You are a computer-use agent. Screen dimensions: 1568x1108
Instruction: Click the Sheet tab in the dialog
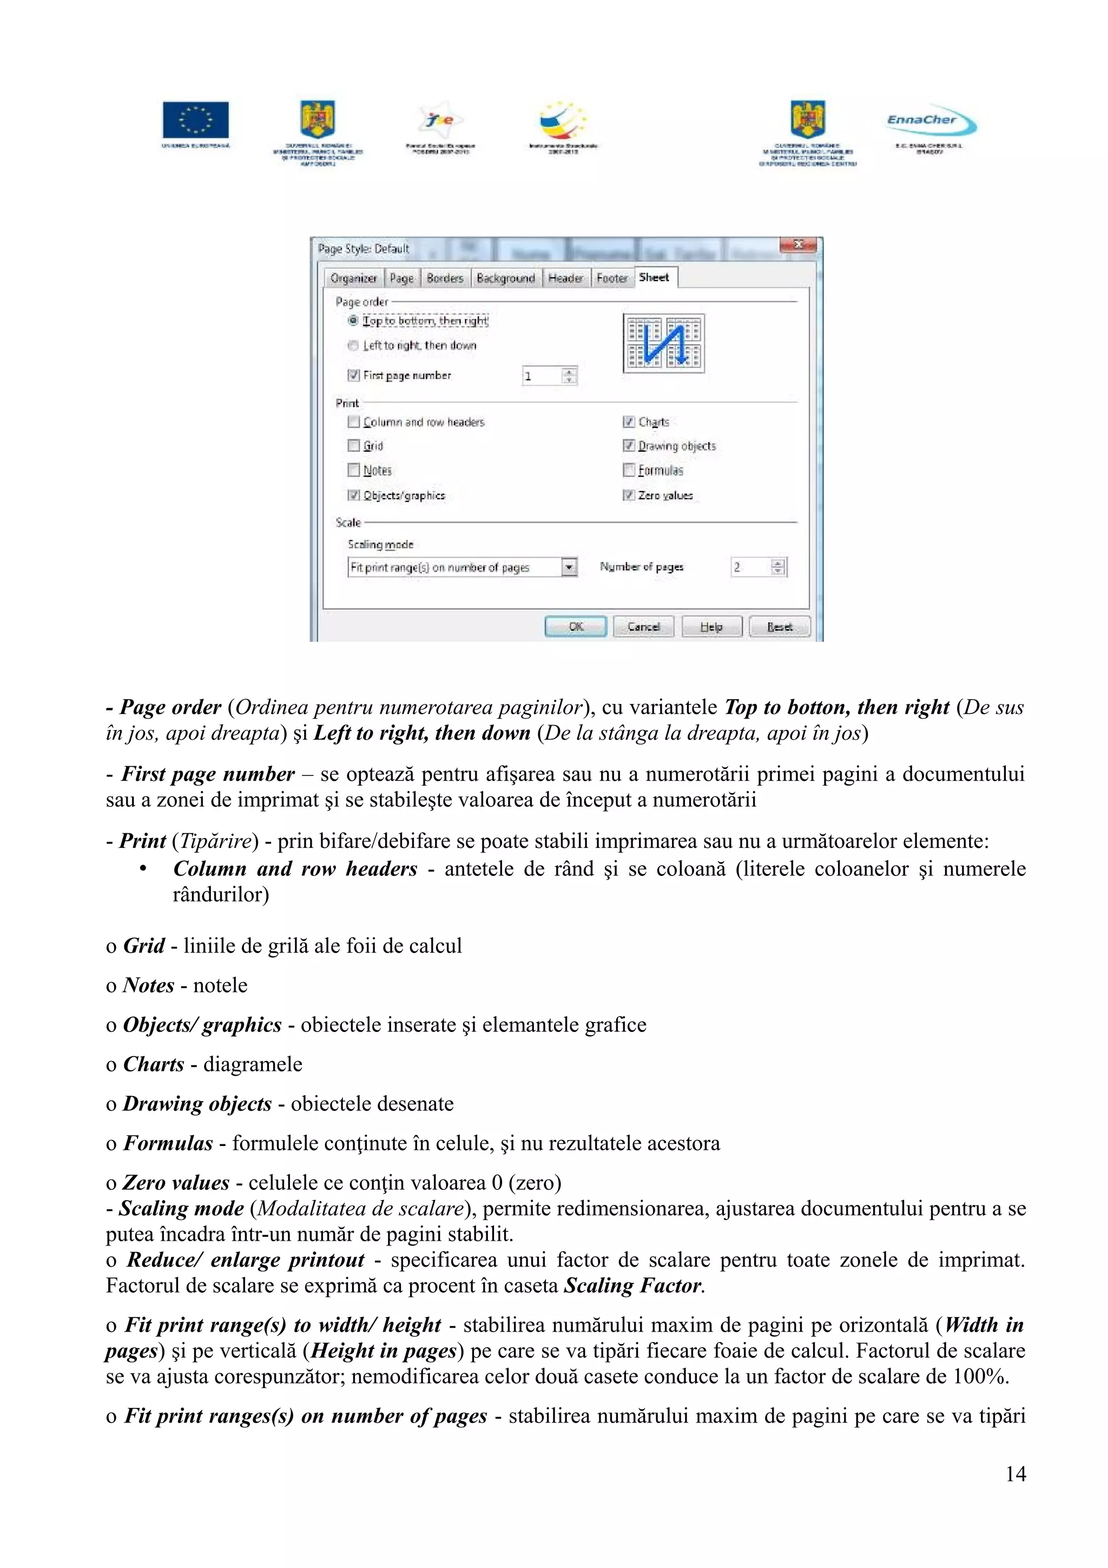(x=654, y=277)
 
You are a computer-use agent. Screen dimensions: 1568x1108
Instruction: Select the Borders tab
(x=444, y=278)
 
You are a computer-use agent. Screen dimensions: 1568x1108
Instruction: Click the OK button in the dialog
(x=576, y=626)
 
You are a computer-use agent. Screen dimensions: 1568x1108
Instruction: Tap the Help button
(x=711, y=626)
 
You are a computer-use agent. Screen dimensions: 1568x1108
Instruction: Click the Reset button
(x=779, y=626)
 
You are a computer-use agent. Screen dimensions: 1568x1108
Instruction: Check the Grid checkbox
(x=354, y=445)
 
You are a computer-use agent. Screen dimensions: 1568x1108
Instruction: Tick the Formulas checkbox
(x=629, y=470)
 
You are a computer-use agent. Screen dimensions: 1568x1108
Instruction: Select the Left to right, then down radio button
(x=353, y=346)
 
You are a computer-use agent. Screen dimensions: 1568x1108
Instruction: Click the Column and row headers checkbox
(x=354, y=421)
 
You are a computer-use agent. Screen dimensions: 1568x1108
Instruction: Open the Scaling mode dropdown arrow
(x=569, y=567)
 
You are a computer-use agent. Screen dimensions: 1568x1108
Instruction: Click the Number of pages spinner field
(x=750, y=567)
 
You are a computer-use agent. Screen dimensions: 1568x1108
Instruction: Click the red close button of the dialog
(x=797, y=245)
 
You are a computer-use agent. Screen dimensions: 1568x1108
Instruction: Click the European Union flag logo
(x=195, y=120)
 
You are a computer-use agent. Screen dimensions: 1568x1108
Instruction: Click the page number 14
(x=1015, y=1474)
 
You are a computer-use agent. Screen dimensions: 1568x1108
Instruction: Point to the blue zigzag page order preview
(x=663, y=343)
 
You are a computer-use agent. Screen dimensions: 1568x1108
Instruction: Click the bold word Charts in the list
(x=154, y=1064)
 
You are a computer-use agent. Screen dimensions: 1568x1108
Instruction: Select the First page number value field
(x=542, y=376)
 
